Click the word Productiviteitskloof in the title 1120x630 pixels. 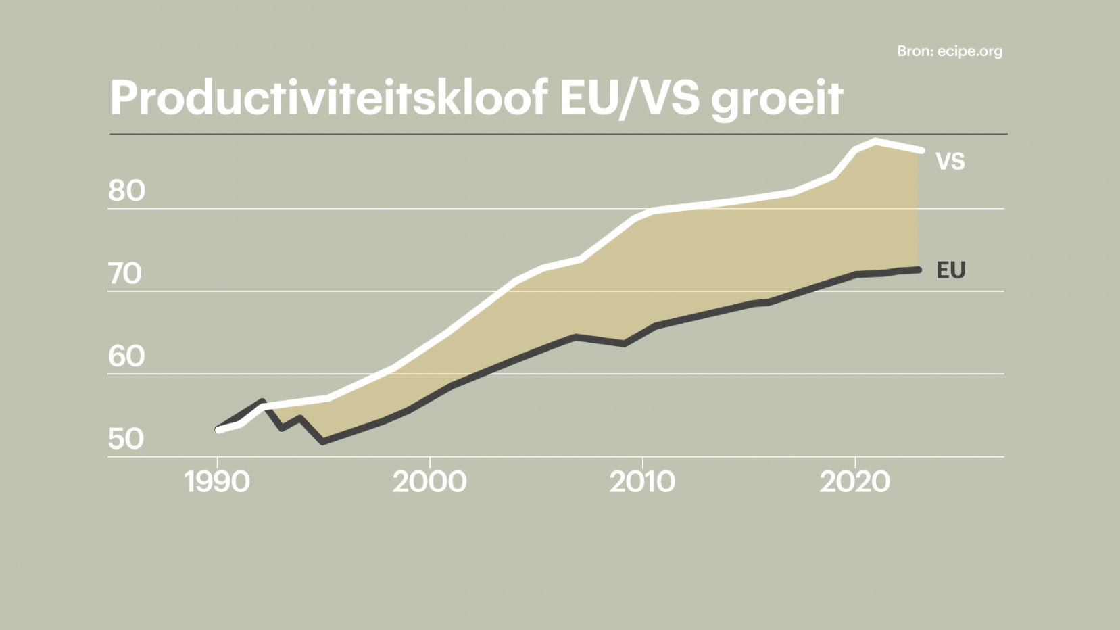point(328,98)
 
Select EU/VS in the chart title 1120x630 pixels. point(629,98)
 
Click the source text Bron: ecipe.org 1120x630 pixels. point(950,51)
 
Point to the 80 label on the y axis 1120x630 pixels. point(126,191)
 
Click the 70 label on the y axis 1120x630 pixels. point(125,274)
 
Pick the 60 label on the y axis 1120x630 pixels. point(126,356)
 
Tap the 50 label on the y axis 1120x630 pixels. point(126,439)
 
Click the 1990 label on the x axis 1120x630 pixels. point(217,482)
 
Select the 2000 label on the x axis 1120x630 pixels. point(429,482)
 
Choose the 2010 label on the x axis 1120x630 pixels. point(642,482)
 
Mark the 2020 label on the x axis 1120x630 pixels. point(855,482)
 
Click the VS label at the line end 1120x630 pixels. point(950,162)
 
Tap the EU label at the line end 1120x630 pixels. point(950,270)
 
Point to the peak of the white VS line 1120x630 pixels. point(876,141)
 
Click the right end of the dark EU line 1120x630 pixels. point(919,270)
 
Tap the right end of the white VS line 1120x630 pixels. point(921,150)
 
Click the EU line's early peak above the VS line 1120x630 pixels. point(262,402)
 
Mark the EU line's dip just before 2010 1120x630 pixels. point(624,344)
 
